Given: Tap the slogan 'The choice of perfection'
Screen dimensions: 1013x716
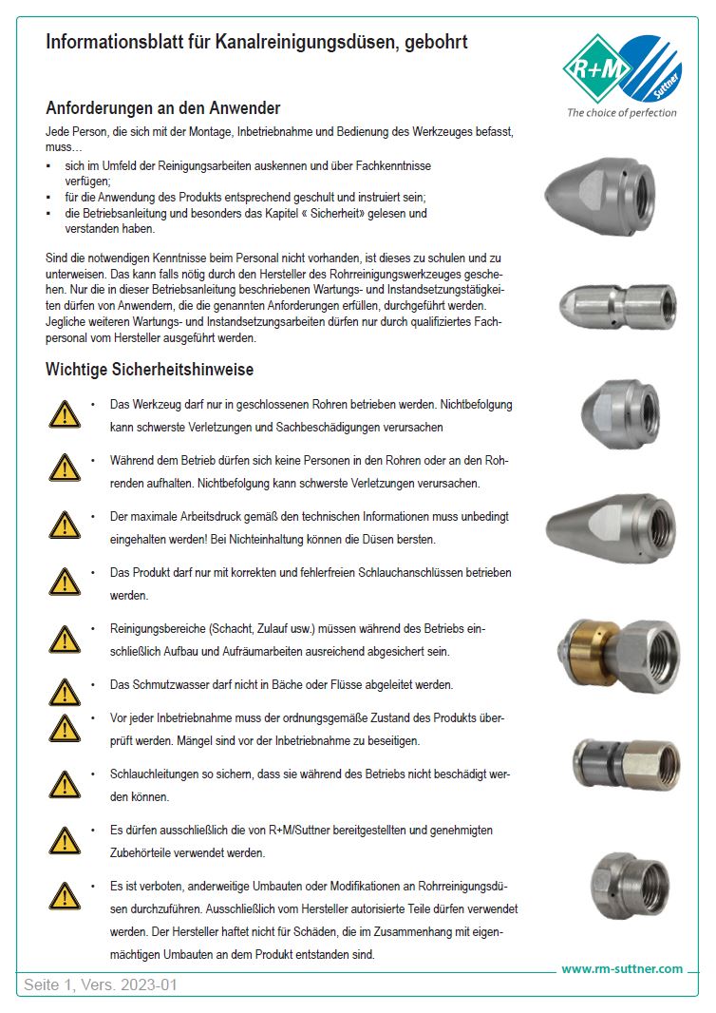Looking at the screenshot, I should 621,112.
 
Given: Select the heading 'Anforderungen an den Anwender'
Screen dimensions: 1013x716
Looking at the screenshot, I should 162,108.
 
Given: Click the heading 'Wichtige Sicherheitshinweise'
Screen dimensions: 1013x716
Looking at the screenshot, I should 149,369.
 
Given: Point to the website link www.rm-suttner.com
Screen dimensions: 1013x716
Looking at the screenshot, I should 622,968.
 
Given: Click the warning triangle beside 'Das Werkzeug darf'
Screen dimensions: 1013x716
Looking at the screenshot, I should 65,412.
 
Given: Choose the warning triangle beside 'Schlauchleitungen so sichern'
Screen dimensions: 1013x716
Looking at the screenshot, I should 65,784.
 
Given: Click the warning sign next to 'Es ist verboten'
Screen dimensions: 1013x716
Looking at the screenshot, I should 65,895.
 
